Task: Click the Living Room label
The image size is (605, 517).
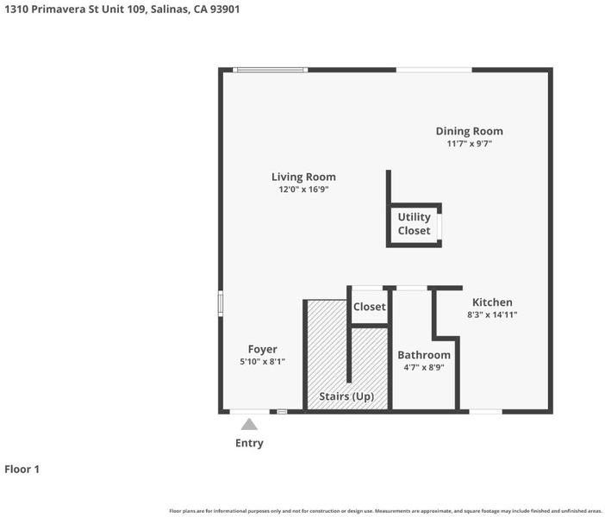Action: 303,178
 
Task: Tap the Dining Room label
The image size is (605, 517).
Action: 469,132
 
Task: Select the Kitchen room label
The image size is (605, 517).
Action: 492,302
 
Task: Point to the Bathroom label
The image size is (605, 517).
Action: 424,355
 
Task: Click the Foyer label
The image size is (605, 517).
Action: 262,350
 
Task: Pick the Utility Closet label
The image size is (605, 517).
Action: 414,224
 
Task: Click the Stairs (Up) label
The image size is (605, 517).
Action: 346,396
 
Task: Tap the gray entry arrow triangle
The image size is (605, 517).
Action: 249,425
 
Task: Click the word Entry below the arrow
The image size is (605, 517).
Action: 249,443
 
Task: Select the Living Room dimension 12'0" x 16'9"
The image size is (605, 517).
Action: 303,190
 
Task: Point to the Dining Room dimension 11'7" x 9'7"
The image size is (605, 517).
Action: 469,144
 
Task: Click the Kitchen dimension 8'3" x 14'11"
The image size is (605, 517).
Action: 492,315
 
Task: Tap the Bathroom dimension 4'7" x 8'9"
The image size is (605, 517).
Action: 424,367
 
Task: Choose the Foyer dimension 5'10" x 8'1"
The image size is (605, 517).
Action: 262,362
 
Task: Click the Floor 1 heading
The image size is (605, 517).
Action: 22,470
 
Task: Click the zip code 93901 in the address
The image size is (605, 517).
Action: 225,9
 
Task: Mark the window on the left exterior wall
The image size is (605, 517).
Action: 221,303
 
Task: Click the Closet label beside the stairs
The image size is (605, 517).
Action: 369,307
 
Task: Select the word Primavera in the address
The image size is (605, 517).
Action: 59,9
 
